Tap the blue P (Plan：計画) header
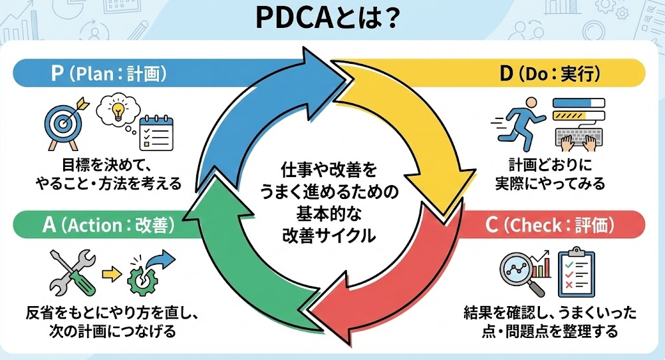click(109, 73)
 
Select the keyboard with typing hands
click(579, 136)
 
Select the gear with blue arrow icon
click(150, 272)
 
